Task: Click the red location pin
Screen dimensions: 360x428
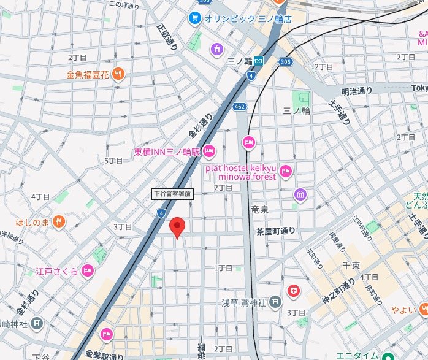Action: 177,227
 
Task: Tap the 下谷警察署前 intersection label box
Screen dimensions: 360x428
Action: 172,194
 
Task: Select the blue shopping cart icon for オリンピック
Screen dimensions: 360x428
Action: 196,18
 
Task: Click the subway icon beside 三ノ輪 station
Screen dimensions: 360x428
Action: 259,61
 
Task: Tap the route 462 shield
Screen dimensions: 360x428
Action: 239,107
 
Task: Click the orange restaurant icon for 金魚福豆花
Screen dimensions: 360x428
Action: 118,74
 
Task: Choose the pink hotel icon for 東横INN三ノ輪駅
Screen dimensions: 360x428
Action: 209,150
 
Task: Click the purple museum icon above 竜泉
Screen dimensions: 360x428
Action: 300,195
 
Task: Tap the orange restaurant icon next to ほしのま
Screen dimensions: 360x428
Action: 59,221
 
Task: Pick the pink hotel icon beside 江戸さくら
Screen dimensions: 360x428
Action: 88,270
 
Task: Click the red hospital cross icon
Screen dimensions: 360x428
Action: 295,289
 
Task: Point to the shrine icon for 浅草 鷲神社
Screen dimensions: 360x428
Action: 275,302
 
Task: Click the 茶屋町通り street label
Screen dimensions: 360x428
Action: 275,231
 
